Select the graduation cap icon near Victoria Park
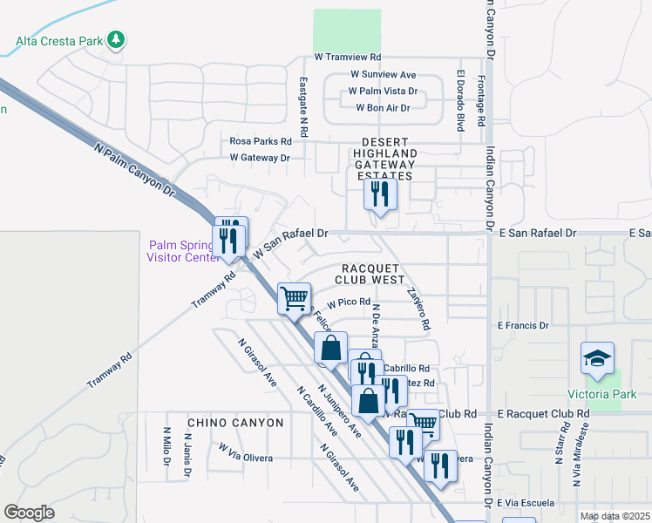tap(597, 358)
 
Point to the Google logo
tap(29, 513)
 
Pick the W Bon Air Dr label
tap(384, 107)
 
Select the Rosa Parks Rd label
tap(260, 140)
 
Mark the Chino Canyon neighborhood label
tap(235, 423)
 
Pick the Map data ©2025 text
tap(615, 516)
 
